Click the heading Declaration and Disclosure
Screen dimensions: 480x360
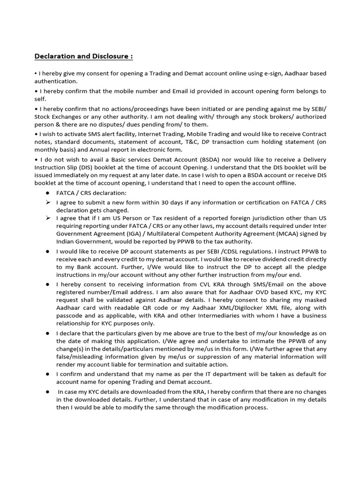[x=83, y=57]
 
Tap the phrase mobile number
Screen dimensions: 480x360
[x=130, y=91]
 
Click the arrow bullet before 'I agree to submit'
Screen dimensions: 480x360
[x=47, y=202]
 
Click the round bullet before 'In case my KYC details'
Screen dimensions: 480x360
[x=48, y=391]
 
